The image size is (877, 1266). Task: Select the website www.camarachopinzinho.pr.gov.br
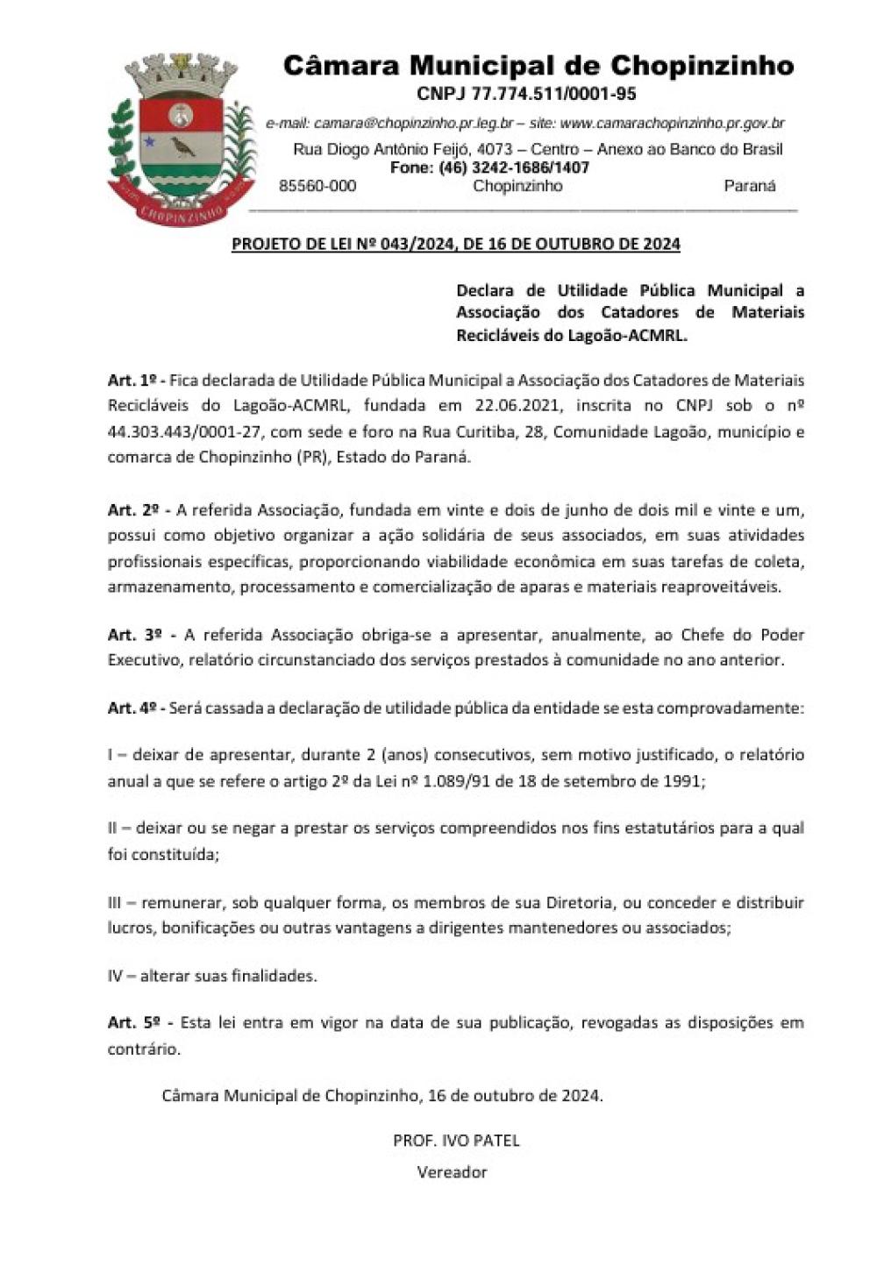pyautogui.click(x=673, y=124)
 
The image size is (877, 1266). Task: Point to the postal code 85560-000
pyautogui.click(x=317, y=186)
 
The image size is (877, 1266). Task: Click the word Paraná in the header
pyautogui.click(x=750, y=186)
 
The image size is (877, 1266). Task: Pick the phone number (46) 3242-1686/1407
pyautogui.click(x=514, y=167)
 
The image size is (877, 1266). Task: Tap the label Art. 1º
pyautogui.click(x=132, y=381)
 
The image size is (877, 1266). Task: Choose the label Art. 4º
pyautogui.click(x=132, y=708)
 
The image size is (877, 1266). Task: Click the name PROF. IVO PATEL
pyautogui.click(x=456, y=1141)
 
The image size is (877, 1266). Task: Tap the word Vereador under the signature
pyautogui.click(x=452, y=1172)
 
